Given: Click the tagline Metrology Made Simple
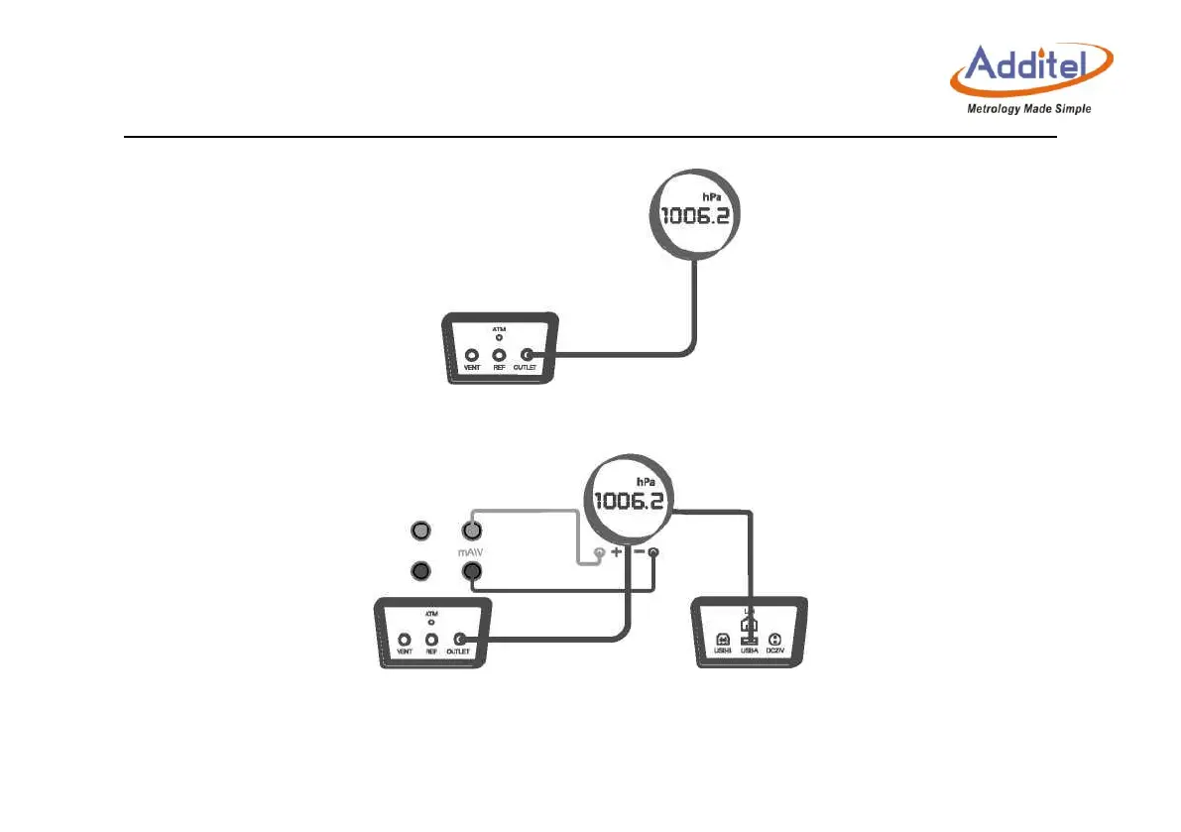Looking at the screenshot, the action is tap(1028, 109).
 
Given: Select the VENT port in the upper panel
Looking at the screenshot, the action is tap(471, 355).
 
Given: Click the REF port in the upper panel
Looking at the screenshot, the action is tap(499, 355).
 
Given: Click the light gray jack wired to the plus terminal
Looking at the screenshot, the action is tap(472, 533).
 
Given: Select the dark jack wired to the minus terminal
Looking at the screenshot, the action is tap(472, 571).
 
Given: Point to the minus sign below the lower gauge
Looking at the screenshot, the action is tap(639, 551).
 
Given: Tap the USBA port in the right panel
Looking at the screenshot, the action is tap(748, 640).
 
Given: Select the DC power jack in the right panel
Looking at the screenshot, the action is tap(775, 640).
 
